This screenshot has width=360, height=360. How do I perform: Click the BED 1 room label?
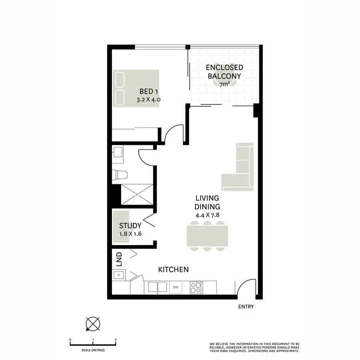[148, 92]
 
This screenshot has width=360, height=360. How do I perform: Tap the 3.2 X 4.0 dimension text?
[148, 100]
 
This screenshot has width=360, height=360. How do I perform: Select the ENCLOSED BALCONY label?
[224, 72]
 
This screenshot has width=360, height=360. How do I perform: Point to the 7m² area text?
[224, 84]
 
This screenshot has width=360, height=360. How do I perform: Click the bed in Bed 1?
[136, 88]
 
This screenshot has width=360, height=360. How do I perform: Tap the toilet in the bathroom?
[120, 174]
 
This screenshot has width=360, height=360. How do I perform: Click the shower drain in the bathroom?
[137, 194]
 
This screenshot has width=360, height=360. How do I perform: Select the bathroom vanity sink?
[117, 152]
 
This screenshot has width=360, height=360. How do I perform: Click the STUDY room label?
[130, 226]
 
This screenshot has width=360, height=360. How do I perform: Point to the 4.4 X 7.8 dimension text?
[207, 215]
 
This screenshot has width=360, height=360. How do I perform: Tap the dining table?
[207, 236]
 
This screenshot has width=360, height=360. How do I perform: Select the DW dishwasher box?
[175, 287]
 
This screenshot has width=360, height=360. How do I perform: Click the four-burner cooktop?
[196, 287]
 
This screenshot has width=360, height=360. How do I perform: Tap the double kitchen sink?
[158, 287]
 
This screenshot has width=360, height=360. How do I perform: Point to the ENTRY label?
[246, 307]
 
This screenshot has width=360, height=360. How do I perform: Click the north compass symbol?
[93, 323]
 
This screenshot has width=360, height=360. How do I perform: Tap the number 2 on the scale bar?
[116, 340]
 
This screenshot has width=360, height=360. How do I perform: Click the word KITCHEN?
[173, 270]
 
